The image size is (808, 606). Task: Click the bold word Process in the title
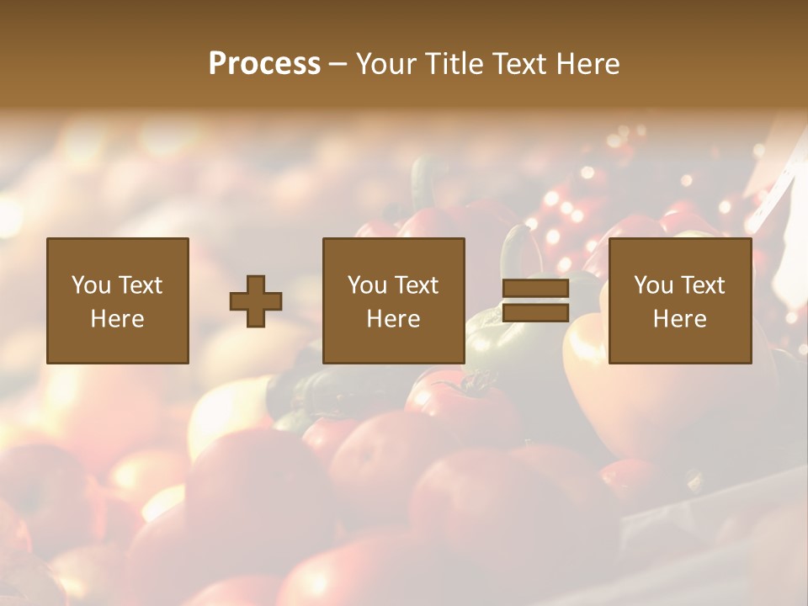coord(264,64)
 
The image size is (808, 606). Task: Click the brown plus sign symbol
coord(256,301)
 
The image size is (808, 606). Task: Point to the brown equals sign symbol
coord(535,300)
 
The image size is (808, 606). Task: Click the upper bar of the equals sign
coord(535,289)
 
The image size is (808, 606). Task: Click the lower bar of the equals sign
coord(535,312)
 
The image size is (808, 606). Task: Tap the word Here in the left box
coord(118,319)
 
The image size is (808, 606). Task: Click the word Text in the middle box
coord(416,285)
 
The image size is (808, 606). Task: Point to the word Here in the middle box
coord(394,319)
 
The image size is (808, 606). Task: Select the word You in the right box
coord(653,285)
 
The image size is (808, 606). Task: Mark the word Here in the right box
coord(680,319)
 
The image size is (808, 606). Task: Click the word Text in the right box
coord(702,285)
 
